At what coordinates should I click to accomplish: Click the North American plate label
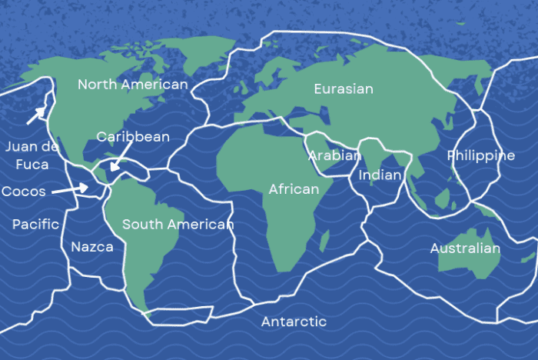pyautogui.click(x=133, y=85)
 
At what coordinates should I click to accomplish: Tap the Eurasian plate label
pyautogui.click(x=344, y=89)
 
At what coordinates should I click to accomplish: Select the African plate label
pyautogui.click(x=294, y=189)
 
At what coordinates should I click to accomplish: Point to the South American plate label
pyautogui.click(x=178, y=225)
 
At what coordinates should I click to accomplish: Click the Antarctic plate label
pyautogui.click(x=294, y=322)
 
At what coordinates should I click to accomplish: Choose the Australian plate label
pyautogui.click(x=465, y=248)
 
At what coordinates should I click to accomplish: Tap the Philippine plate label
pyautogui.click(x=481, y=156)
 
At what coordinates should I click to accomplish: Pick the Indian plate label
pyautogui.click(x=380, y=175)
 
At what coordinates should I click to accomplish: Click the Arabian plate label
pyautogui.click(x=334, y=155)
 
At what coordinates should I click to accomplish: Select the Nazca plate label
pyautogui.click(x=92, y=247)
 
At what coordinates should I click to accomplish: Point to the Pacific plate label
pyautogui.click(x=36, y=225)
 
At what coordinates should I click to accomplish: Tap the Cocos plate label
pyautogui.click(x=24, y=191)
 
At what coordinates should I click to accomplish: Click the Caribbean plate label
pyautogui.click(x=133, y=137)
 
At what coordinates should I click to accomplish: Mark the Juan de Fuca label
pyautogui.click(x=27, y=155)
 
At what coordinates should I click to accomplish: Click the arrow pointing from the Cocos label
pyautogui.click(x=71, y=188)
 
